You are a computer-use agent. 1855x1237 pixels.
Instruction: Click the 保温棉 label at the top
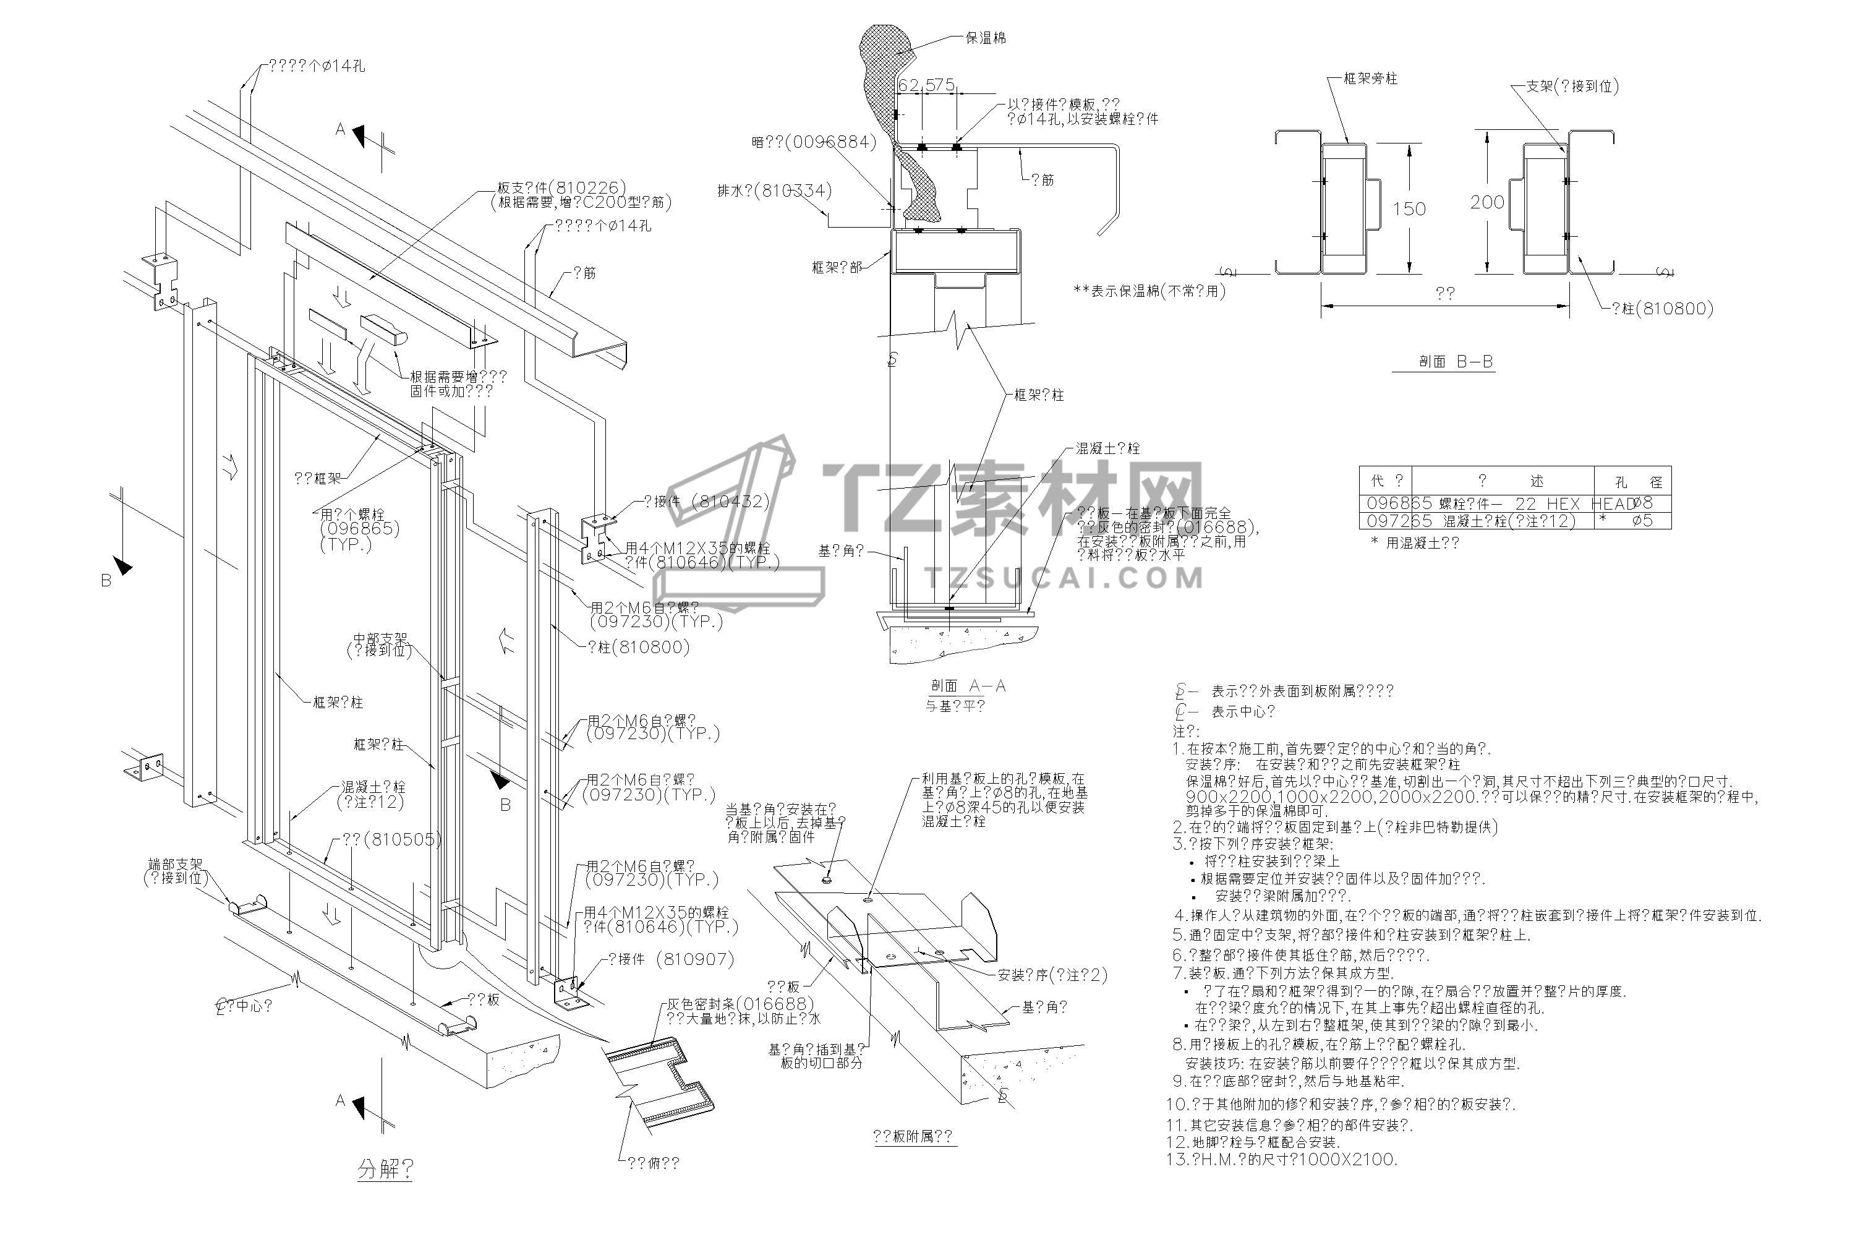point(985,38)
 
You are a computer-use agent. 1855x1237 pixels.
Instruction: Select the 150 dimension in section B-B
point(1409,209)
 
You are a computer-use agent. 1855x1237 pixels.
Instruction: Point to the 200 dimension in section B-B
point(1488,203)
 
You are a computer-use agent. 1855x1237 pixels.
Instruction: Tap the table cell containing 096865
point(1388,503)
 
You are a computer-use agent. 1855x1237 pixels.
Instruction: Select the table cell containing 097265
point(1388,521)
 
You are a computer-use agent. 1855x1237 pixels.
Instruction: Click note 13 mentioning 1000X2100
point(1286,1160)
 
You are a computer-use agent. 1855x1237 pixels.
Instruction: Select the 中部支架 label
point(380,638)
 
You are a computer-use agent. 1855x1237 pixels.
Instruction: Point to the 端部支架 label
point(175,865)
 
